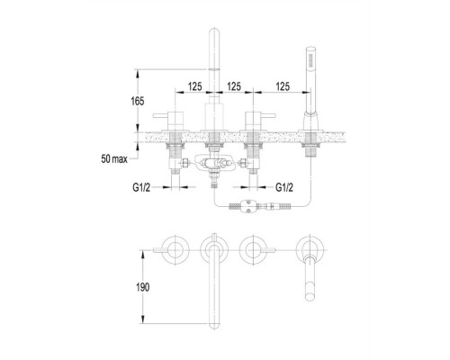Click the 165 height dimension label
coord(138,102)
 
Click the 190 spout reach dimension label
coord(142,287)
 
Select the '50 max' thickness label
coord(114,159)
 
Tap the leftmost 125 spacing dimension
coord(195,86)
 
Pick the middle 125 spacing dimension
coord(234,86)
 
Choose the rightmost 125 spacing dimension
coord(283,86)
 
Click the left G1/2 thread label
coord(141,188)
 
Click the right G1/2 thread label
coord(284,188)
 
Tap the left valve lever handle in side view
coord(160,116)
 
